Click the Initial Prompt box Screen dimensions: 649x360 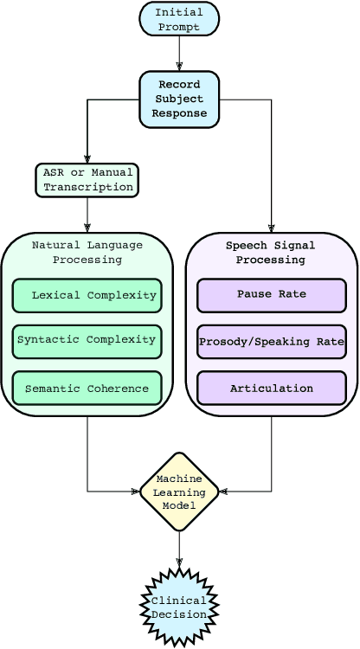[x=179, y=19]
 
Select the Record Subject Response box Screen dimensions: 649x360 [x=179, y=100]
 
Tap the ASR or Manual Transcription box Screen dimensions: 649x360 [x=87, y=180]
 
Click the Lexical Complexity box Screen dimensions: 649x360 [x=87, y=295]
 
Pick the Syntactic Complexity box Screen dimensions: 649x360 [x=87, y=340]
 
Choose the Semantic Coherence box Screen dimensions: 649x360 [x=87, y=389]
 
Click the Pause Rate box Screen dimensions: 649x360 [x=272, y=295]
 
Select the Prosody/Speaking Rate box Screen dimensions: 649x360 [x=272, y=342]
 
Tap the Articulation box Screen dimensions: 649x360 [x=272, y=389]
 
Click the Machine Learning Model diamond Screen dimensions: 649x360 [x=179, y=492]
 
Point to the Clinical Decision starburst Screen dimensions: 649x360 [x=179, y=607]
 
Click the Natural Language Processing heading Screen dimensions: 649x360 [x=87, y=253]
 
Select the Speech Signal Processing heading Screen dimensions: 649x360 [x=272, y=253]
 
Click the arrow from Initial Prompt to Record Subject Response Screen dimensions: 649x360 [x=179, y=54]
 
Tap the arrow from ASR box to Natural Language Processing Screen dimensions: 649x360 [x=87, y=215]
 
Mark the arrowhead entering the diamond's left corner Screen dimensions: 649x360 [x=135, y=492]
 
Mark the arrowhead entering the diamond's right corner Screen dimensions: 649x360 [x=223, y=492]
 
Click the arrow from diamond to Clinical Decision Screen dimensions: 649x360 [x=179, y=549]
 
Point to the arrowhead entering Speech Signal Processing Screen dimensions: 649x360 [x=272, y=228]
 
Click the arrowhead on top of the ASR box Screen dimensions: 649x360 [x=87, y=159]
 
